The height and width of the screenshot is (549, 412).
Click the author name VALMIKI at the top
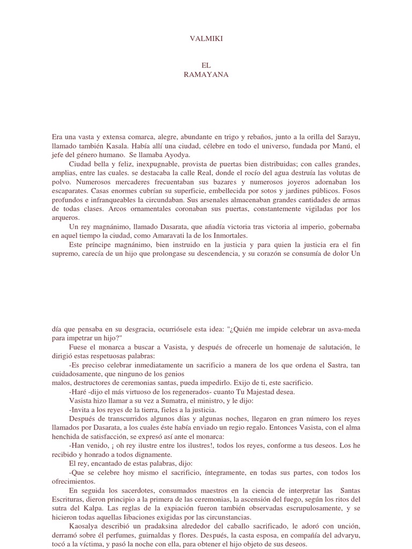click(x=206, y=39)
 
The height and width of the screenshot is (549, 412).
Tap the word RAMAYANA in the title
click(x=206, y=75)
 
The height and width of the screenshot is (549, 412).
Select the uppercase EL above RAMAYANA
click(x=206, y=65)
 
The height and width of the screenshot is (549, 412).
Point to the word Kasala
click(x=117, y=146)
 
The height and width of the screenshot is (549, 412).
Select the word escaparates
click(x=70, y=191)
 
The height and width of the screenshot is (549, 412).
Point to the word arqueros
click(x=65, y=218)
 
